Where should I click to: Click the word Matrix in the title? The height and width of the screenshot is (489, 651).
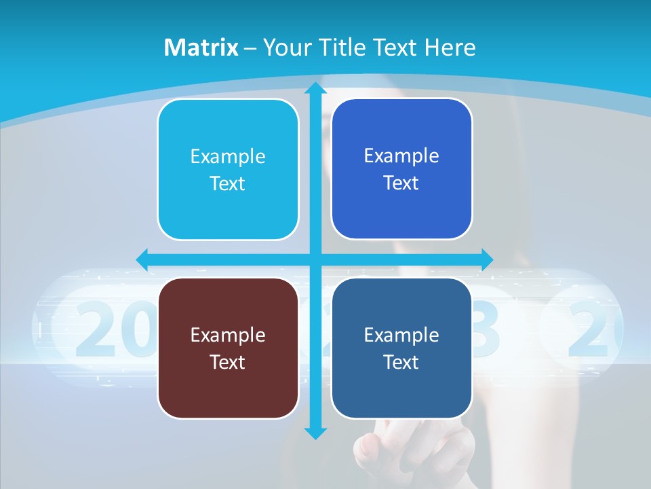[x=201, y=48]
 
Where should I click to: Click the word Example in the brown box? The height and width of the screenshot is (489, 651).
[x=228, y=335]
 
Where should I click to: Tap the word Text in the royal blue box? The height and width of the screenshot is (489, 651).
[x=401, y=183]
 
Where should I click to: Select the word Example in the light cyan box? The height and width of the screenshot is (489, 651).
[x=228, y=156]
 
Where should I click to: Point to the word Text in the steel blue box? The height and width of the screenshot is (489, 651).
[x=401, y=362]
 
